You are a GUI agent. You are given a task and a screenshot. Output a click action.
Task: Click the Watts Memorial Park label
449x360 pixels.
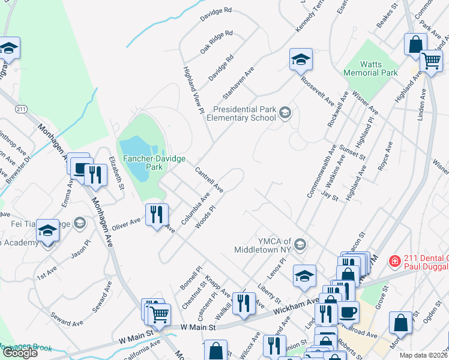(x=370, y=68)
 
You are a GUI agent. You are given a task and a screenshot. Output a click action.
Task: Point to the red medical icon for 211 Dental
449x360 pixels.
(x=394, y=261)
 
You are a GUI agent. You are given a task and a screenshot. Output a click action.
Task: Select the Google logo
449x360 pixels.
(x=20, y=353)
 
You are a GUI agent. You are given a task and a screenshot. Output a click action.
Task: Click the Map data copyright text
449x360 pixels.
(x=424, y=355)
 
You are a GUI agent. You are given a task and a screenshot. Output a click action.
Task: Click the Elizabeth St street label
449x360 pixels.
(x=116, y=173)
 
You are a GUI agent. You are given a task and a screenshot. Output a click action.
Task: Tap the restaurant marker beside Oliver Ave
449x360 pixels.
(x=157, y=214)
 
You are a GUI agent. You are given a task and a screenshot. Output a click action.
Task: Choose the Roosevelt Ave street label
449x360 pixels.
(x=318, y=90)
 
